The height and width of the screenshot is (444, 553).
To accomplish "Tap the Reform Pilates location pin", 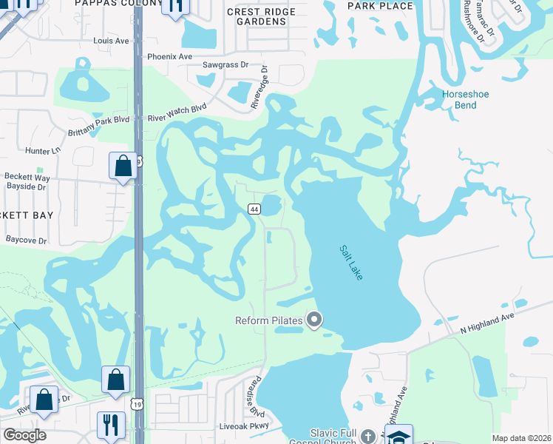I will pyautogui.click(x=315, y=320).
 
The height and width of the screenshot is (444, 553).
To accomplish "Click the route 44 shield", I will pyautogui.click(x=254, y=209).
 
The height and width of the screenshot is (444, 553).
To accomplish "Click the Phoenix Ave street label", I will pyautogui.click(x=169, y=56).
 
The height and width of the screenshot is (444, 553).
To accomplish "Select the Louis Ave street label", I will pyautogui.click(x=112, y=42).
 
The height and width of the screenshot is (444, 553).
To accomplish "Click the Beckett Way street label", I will pyautogui.click(x=27, y=178).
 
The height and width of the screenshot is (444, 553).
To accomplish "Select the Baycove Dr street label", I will pyautogui.click(x=26, y=240).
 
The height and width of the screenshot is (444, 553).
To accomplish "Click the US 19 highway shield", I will pyautogui.click(x=138, y=403).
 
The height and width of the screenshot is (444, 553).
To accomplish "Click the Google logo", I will pyautogui.click(x=24, y=435).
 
